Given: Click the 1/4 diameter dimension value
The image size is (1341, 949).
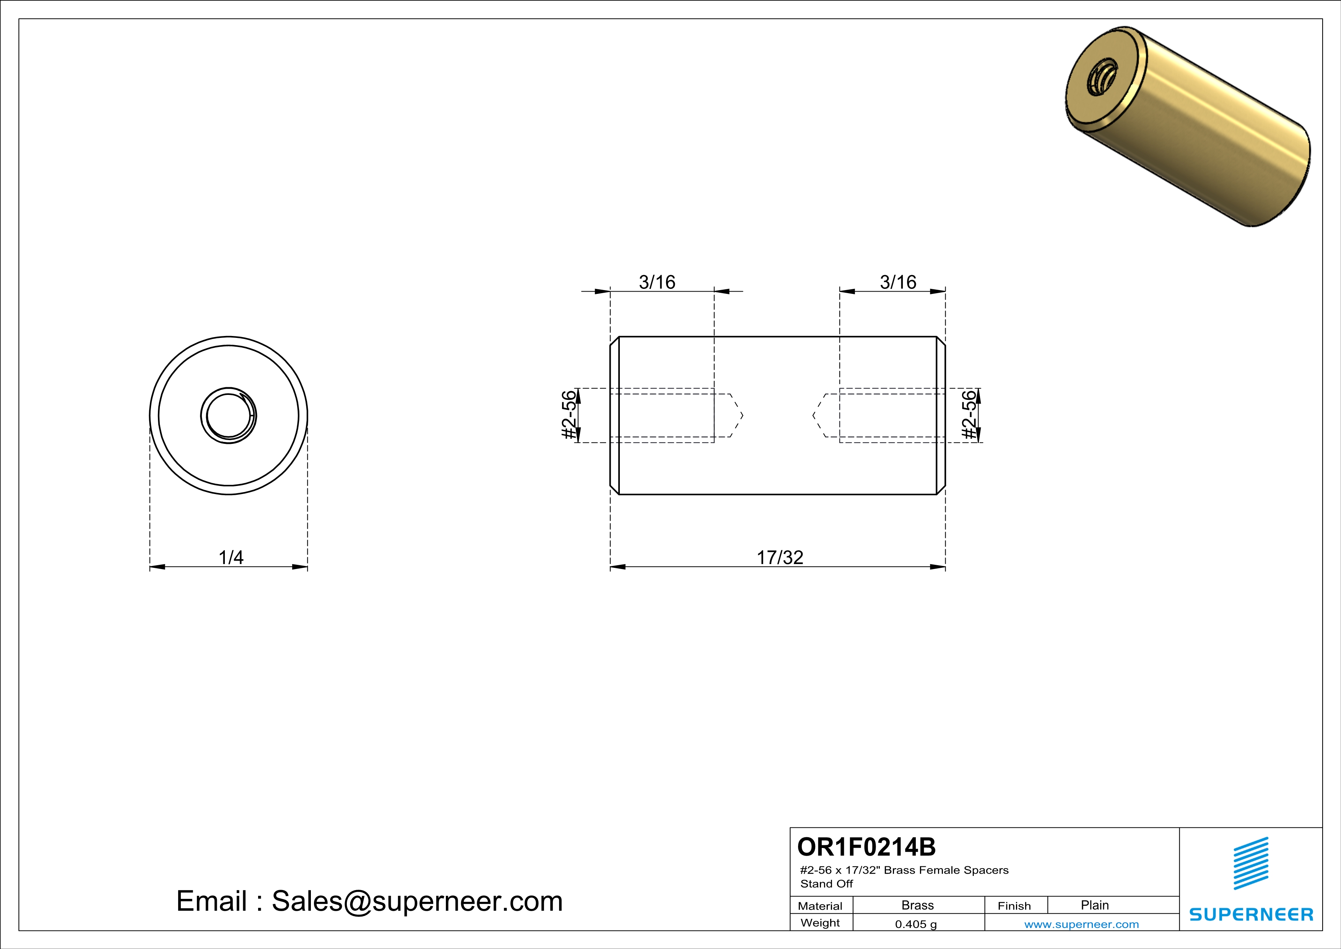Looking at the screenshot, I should tap(231, 558).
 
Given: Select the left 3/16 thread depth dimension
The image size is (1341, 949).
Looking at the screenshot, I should tap(657, 282).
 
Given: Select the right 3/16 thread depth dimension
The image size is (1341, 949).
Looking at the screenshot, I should tap(898, 282).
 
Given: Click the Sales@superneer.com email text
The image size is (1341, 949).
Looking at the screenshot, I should tap(417, 901).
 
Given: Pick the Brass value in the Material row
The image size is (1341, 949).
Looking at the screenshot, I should tap(918, 905).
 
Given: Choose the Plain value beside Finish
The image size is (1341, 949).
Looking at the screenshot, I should tap(1094, 905).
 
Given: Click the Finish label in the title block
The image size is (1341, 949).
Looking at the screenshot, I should tap(1014, 906).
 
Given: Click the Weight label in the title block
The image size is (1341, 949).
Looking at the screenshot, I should tap(820, 923).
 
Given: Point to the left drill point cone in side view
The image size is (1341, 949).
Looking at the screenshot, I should tap(736, 416).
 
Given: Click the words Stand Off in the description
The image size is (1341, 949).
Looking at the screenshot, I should tap(826, 884).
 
